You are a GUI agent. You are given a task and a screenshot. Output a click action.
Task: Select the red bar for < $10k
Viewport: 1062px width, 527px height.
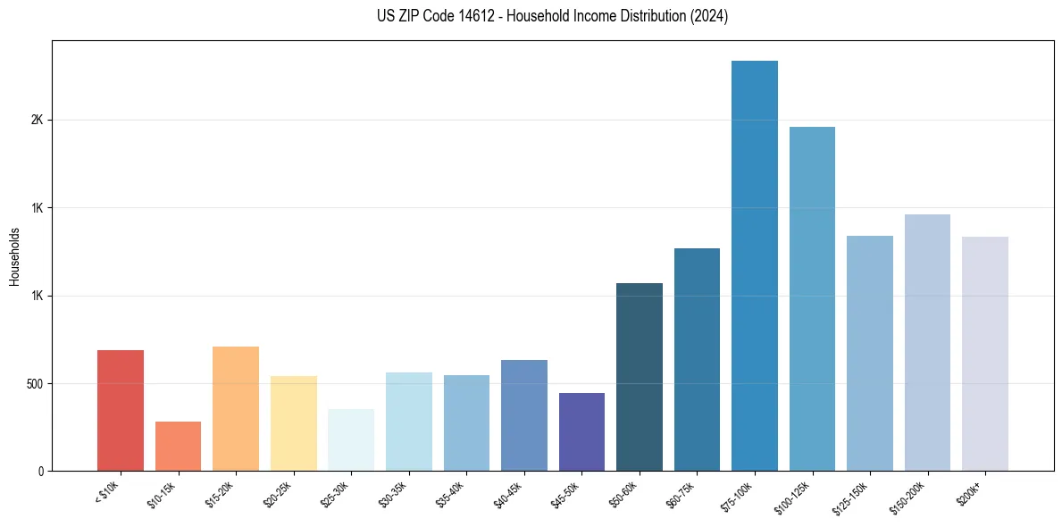pos(121,410)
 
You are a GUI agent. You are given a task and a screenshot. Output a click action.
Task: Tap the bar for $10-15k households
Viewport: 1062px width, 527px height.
pos(178,446)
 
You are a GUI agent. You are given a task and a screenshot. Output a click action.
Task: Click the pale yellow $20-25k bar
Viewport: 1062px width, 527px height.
pos(293,423)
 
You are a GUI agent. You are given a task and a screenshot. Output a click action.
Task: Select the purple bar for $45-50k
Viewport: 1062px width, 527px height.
pos(581,431)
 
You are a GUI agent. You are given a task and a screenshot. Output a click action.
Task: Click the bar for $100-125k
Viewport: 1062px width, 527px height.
pos(812,298)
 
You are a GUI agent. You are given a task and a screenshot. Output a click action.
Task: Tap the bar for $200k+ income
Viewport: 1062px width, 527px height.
pos(984,354)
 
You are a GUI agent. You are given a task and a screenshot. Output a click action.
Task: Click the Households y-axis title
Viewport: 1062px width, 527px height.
pos(14,255)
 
